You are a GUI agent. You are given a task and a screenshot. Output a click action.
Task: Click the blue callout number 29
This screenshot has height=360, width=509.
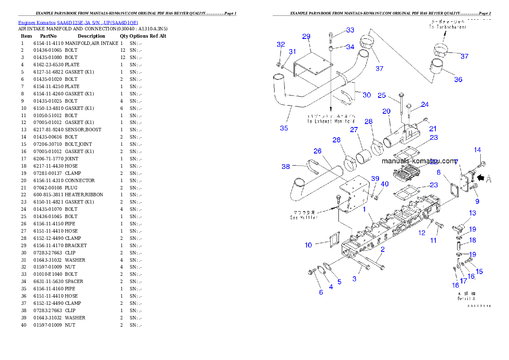(x=306, y=36)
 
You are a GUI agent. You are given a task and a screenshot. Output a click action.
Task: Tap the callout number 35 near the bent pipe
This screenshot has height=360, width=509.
(x=284, y=128)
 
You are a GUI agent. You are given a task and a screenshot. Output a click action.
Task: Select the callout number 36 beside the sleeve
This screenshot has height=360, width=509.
(x=458, y=80)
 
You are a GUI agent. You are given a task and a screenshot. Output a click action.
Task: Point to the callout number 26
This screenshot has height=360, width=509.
(x=317, y=151)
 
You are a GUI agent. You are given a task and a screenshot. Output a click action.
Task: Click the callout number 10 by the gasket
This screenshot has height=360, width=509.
(x=308, y=245)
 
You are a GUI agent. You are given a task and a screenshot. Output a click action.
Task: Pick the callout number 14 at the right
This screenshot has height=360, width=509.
(x=477, y=150)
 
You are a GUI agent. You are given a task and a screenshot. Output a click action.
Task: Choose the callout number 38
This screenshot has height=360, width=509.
(x=286, y=167)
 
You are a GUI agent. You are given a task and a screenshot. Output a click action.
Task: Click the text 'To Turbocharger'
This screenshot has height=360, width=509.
(x=448, y=27)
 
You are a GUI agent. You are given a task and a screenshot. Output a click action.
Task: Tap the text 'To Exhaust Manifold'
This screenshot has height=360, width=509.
(x=331, y=121)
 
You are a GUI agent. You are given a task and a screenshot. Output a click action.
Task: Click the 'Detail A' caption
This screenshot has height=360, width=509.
(x=466, y=298)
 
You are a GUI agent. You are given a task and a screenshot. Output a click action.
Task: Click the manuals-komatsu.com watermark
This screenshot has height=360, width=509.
(x=419, y=161)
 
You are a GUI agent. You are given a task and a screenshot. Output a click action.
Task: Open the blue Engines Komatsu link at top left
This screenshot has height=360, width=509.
(x=78, y=22)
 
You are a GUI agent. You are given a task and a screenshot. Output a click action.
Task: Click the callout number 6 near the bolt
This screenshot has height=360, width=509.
(x=321, y=292)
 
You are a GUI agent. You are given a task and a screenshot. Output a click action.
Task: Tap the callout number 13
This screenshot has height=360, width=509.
(x=472, y=213)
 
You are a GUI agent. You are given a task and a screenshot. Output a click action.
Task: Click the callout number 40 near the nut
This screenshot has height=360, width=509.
(x=385, y=184)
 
